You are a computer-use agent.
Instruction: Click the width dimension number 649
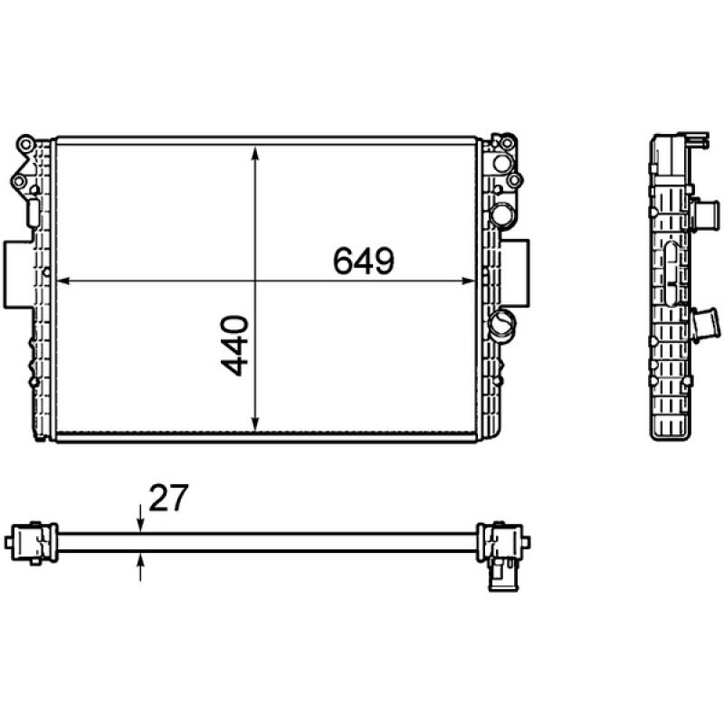[x=363, y=262]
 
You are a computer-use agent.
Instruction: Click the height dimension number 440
[x=234, y=345]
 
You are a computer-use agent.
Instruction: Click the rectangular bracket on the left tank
[x=17, y=273]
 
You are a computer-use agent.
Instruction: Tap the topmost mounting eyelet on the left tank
[x=27, y=145]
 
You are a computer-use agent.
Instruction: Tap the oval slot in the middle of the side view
[x=670, y=276]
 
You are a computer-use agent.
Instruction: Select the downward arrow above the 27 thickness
[x=140, y=522]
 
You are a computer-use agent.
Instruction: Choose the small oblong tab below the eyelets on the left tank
[x=33, y=214]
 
